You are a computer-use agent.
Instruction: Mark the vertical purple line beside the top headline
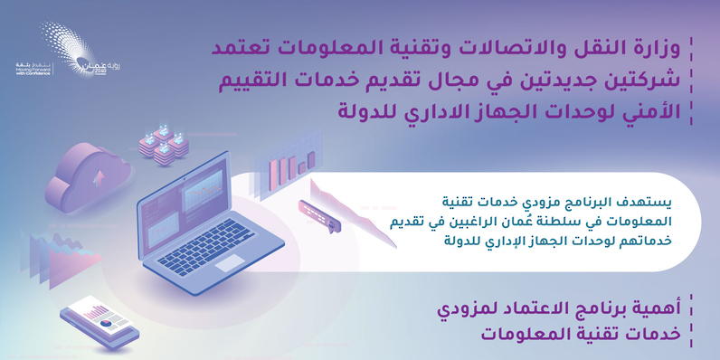tap(691, 81)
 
